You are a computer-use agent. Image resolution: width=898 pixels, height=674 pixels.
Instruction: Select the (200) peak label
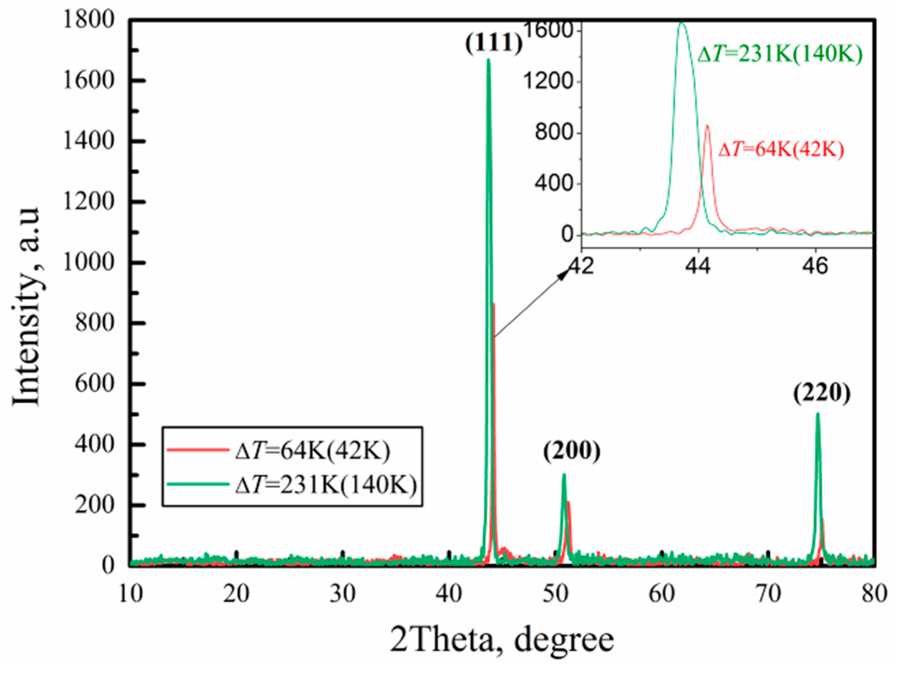(x=571, y=452)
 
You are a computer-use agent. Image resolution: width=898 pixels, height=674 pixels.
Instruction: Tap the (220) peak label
(x=822, y=393)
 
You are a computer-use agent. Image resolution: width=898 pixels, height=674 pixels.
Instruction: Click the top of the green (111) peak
(x=488, y=61)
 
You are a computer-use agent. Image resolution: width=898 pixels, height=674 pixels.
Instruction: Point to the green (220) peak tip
(x=817, y=414)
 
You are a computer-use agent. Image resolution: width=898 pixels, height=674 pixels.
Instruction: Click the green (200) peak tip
(x=564, y=475)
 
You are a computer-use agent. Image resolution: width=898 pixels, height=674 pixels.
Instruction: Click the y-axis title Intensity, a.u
(x=27, y=307)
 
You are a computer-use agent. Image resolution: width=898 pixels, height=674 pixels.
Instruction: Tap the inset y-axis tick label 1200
(x=547, y=82)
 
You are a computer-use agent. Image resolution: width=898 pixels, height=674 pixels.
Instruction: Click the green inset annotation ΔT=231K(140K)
(x=780, y=54)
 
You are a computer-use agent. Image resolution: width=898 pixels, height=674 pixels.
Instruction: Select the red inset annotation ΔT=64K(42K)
(x=782, y=150)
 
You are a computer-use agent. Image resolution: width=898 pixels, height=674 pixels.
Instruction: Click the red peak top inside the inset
(x=707, y=126)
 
